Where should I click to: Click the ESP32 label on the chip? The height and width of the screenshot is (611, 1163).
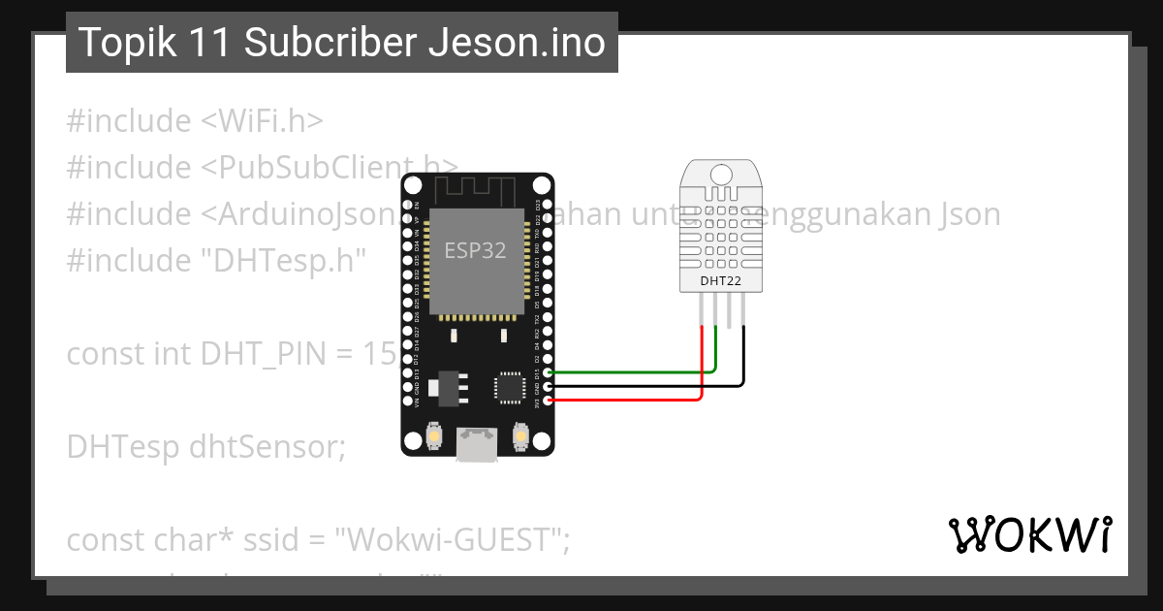475,250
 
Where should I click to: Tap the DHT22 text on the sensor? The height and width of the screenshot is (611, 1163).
721,281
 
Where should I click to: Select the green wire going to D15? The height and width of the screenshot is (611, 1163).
630,371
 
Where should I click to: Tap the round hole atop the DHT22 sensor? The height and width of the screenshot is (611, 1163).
721,175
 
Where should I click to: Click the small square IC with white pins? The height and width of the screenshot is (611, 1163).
509,387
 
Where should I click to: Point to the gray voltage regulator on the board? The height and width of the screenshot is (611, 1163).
447,386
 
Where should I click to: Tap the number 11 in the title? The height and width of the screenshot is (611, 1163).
220,43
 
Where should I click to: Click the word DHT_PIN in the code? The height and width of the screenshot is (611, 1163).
265,353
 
